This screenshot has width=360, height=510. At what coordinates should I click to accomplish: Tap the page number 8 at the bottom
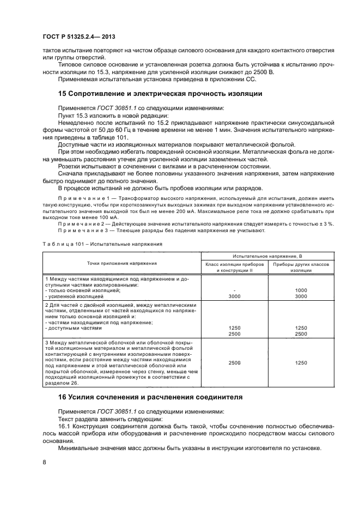click(44, 462)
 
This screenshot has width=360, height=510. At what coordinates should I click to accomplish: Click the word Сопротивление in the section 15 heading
click(103, 93)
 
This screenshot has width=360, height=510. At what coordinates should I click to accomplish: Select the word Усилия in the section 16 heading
click(83, 397)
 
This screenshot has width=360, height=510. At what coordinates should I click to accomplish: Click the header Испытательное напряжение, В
click(264, 256)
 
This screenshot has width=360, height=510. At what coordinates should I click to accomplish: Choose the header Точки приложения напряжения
click(121, 263)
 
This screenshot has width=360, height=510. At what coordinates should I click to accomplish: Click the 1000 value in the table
click(301, 290)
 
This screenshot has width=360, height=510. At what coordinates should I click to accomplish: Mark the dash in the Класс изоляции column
click(234, 290)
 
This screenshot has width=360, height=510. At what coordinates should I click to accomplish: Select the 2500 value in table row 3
click(234, 362)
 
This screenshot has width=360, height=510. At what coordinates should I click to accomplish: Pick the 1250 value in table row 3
click(301, 362)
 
